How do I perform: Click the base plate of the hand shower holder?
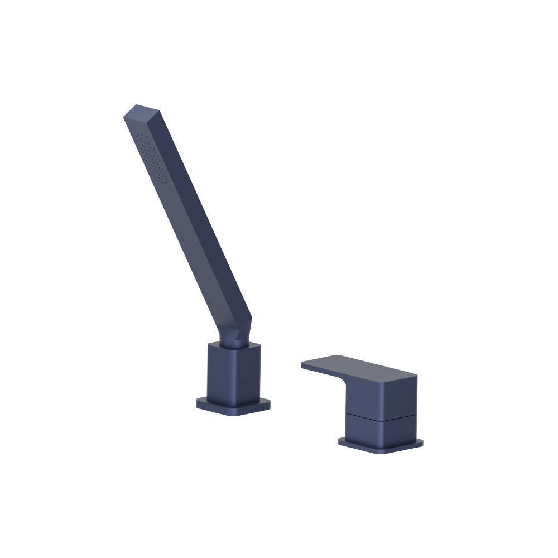coord(233,406)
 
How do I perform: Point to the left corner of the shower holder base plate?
coord(198,403)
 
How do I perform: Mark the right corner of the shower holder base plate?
coord(268,404)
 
